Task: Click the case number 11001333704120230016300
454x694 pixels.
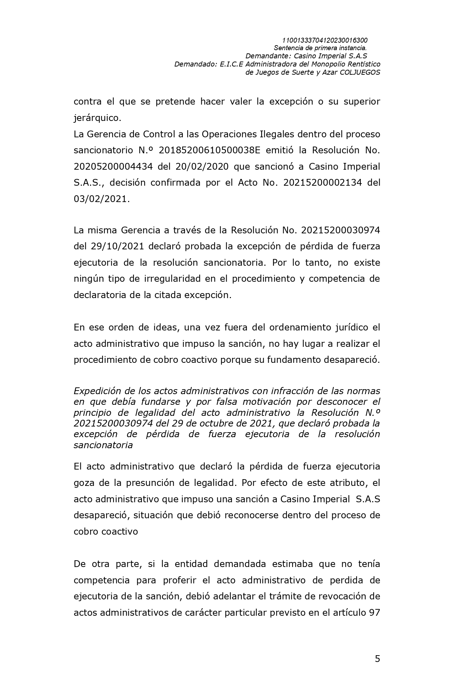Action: coord(324,40)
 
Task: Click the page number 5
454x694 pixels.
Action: coord(377,658)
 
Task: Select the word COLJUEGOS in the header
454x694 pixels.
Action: coord(360,72)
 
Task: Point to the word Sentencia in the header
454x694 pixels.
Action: coord(287,48)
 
